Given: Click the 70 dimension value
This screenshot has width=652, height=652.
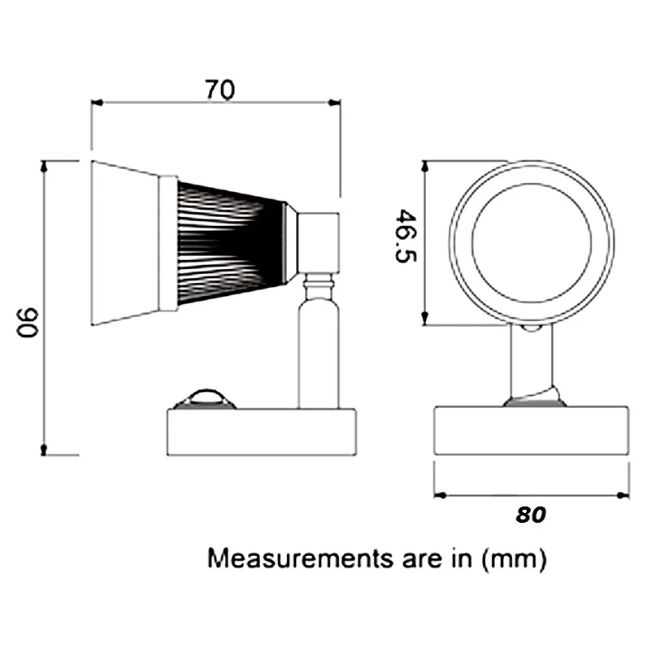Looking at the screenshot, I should [x=219, y=90].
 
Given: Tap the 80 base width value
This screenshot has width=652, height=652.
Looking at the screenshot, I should [x=530, y=515].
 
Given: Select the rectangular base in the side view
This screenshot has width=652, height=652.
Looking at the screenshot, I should [x=261, y=431].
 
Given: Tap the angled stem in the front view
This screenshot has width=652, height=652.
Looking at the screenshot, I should [x=532, y=362].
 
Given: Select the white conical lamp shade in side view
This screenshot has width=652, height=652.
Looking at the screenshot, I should [x=126, y=243].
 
